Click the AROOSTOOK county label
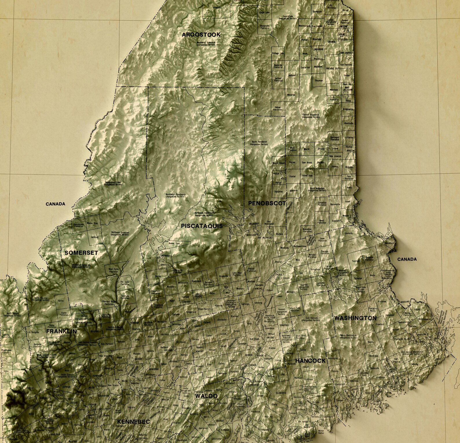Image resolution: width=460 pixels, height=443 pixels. [x=201, y=35]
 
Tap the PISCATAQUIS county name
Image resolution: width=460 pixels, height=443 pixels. [x=202, y=226]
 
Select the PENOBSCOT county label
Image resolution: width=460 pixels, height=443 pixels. [x=267, y=203]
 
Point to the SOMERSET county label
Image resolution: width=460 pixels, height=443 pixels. [x=81, y=253]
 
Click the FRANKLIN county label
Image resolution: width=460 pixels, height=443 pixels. [x=61, y=331]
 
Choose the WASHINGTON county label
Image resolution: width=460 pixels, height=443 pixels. [x=355, y=318]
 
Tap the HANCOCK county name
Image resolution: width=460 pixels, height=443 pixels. [x=310, y=361]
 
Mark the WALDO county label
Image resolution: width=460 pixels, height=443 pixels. [x=206, y=396]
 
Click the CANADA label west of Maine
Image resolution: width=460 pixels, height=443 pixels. [x=56, y=204]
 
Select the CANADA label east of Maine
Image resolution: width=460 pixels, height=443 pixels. [x=407, y=259]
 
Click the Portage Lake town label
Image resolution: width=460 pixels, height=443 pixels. [x=278, y=54]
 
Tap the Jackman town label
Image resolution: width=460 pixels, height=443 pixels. [x=95, y=237]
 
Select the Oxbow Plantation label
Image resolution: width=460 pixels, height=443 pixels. [x=277, y=108]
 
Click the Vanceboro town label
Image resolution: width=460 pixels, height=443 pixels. [x=389, y=243]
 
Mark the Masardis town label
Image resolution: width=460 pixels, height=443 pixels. [x=291, y=95]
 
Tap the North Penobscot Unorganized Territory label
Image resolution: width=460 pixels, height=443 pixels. [x=259, y=143]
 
